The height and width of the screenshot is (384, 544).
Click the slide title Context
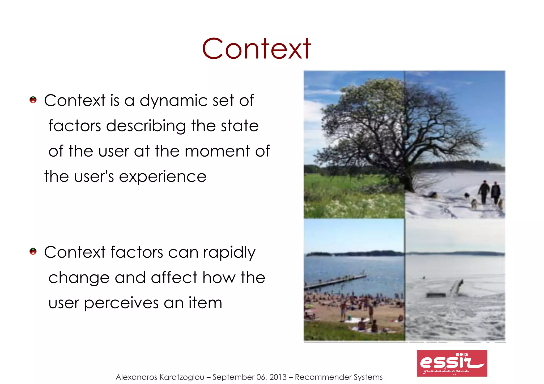coord(256,49)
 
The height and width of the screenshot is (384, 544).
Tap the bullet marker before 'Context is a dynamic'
coord(33,100)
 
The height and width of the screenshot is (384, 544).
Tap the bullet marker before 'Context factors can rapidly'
coord(33,251)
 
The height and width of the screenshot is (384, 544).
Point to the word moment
coord(217,151)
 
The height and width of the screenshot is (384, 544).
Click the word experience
coord(162,177)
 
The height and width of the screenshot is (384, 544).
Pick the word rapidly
coord(229,253)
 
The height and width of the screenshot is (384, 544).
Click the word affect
coord(174,278)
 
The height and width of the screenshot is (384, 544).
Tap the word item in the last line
coord(205,303)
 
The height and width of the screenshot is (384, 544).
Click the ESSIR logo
coord(452,363)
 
